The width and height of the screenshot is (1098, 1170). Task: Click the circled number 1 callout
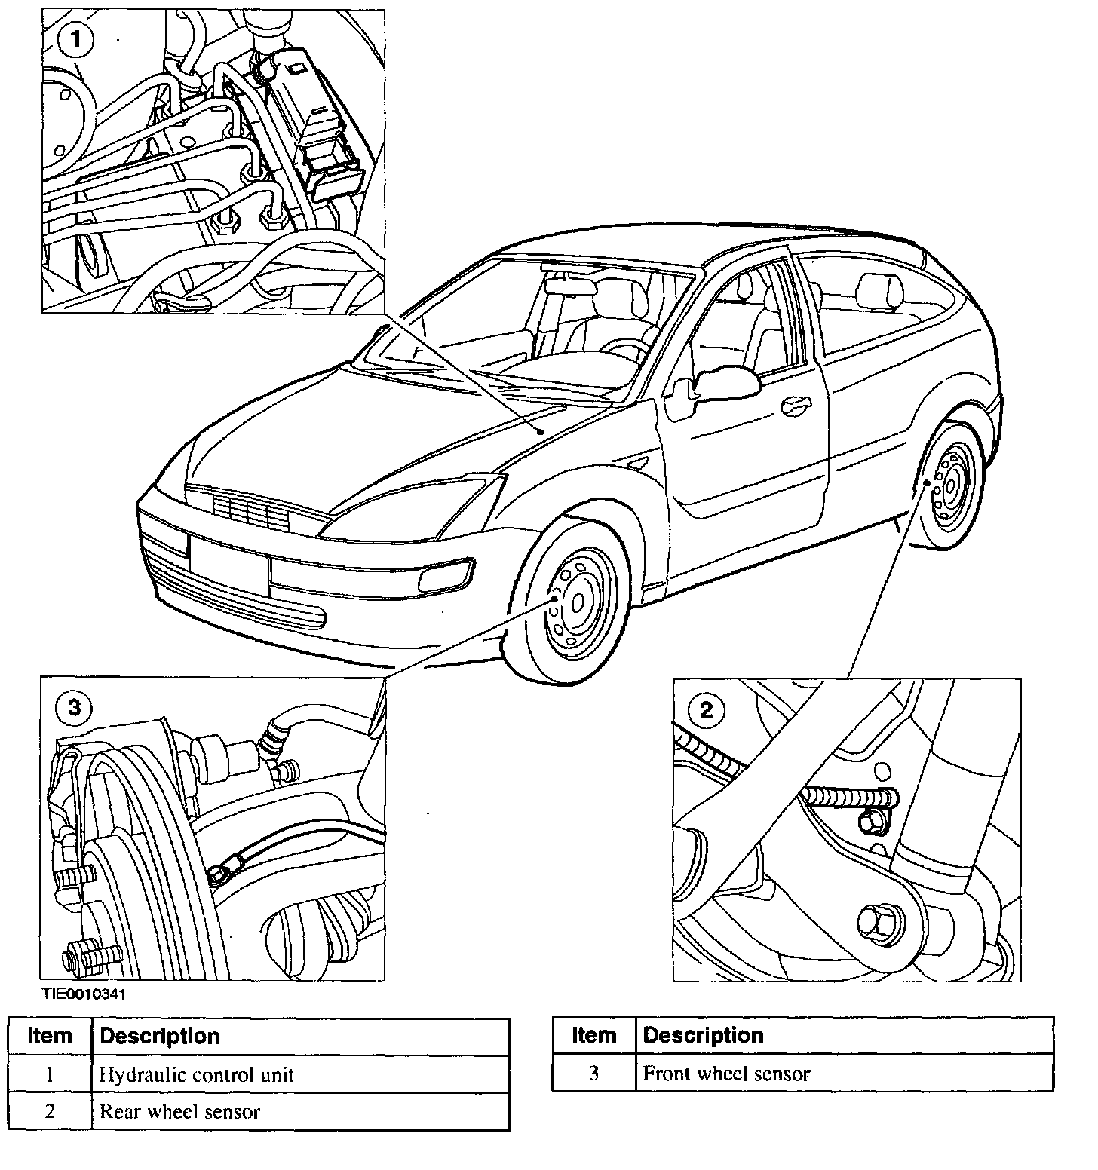point(75,40)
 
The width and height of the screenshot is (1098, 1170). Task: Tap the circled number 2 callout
point(706,709)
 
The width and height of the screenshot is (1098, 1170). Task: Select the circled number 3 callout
point(74,707)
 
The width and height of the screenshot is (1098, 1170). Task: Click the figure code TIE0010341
point(84,994)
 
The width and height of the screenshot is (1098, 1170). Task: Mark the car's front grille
point(249,510)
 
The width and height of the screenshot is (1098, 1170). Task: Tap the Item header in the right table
point(593,1035)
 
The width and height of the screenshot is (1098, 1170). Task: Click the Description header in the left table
point(160,1037)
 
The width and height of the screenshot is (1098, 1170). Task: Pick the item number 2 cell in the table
point(50,1111)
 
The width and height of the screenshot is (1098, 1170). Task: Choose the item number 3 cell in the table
point(593,1074)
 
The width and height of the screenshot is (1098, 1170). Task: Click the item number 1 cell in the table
point(50,1074)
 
